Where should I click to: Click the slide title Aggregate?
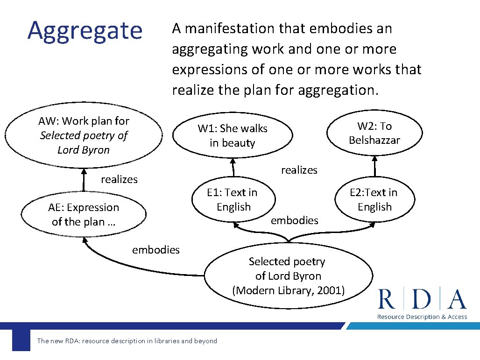tap(85, 31)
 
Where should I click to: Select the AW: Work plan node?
tap(84, 135)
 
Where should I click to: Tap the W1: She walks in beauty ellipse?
tap(232, 135)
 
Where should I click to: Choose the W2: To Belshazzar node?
tap(374, 133)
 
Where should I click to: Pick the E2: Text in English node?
tap(374, 199)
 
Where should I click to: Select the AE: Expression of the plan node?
tap(84, 214)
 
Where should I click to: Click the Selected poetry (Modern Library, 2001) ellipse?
tap(288, 276)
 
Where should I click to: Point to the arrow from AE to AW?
tap(85, 180)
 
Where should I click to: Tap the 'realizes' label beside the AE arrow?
tap(119, 179)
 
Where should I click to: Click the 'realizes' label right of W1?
tap(299, 170)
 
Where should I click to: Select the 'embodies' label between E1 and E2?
tap(294, 220)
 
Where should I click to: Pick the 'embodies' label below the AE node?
tap(155, 250)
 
